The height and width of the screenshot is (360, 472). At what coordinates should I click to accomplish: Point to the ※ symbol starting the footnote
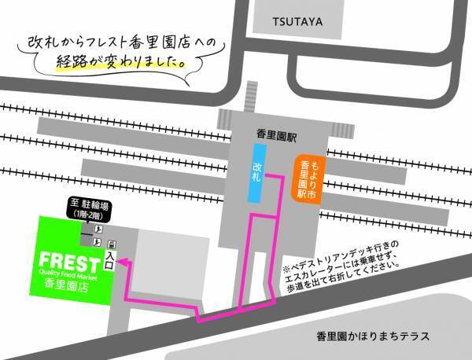(x=287, y=258)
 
